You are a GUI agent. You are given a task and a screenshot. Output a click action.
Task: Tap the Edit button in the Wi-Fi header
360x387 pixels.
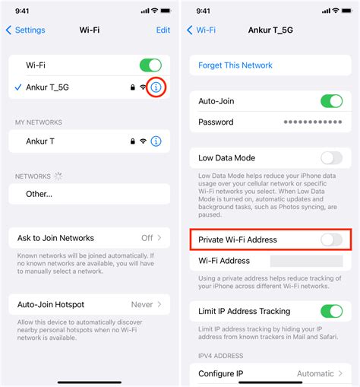pyautogui.click(x=163, y=30)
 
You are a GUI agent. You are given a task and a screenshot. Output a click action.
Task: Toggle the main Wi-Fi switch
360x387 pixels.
pyautogui.click(x=150, y=66)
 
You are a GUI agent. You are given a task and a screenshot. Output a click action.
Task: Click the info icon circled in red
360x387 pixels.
pyautogui.click(x=156, y=87)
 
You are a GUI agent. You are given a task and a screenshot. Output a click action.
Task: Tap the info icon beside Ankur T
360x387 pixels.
pyautogui.click(x=156, y=141)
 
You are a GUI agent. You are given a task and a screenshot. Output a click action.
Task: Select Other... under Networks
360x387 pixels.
pyautogui.click(x=39, y=194)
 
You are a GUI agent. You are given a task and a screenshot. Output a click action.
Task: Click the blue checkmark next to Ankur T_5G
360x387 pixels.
pyautogui.click(x=17, y=87)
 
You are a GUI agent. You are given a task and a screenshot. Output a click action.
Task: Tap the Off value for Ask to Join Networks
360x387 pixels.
pyautogui.click(x=147, y=239)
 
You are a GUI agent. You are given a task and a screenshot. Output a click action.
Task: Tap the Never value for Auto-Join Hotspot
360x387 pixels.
pyautogui.click(x=143, y=304)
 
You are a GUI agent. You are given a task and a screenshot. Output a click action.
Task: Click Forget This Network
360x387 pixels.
pyautogui.click(x=235, y=65)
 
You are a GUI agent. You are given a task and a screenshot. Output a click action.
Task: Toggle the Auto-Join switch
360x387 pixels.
pyautogui.click(x=332, y=101)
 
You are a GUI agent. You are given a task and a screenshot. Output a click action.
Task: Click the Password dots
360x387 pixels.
pyautogui.click(x=312, y=122)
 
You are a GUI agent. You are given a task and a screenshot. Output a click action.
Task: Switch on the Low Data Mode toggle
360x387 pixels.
pyautogui.click(x=332, y=158)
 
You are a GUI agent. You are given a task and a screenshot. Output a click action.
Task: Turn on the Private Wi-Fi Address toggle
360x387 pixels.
pyautogui.click(x=332, y=239)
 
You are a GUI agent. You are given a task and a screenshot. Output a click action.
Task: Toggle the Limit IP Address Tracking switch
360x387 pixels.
pyautogui.click(x=332, y=311)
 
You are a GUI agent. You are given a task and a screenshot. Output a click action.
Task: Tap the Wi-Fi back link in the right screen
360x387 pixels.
pyautogui.click(x=201, y=30)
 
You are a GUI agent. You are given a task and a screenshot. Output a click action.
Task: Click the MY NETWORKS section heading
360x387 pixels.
pyautogui.click(x=39, y=122)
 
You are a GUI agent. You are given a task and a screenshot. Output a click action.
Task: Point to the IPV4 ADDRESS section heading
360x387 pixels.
pyautogui.click(x=221, y=356)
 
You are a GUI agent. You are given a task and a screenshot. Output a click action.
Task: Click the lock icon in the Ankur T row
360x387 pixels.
pyautogui.click(x=132, y=141)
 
